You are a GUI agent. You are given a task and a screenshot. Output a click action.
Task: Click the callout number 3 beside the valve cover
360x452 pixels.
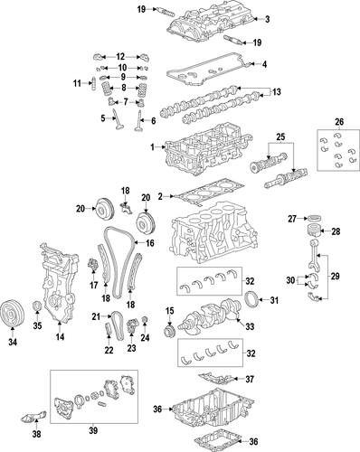pos(267,19)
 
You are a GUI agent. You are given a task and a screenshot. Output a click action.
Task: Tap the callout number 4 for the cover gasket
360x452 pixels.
pos(264,64)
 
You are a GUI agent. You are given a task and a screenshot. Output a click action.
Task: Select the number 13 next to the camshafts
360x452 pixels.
pos(277,91)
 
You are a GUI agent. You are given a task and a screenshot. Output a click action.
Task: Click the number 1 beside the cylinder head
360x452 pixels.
pos(153,147)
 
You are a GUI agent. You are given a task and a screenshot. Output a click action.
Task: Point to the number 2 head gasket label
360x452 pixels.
pos(160,197)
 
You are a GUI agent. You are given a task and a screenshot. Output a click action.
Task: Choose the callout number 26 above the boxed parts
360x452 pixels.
pos(339,122)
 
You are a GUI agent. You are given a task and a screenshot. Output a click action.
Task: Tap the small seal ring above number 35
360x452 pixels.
pos(37,306)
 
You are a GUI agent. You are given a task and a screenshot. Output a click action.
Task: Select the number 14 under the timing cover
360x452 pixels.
pos(60,336)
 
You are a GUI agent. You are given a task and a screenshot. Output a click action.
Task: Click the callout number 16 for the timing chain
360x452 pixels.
pos(149,243)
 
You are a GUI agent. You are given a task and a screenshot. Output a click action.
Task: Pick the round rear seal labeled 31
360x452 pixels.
pos(251,299)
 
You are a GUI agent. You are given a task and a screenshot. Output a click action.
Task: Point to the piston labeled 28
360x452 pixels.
pos(313,231)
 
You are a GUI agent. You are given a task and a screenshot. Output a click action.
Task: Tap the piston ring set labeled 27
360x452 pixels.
pos(313,218)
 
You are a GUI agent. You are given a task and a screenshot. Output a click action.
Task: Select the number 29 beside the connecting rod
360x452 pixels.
pos(335,277)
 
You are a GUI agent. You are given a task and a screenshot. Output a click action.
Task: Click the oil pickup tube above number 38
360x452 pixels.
pos(33,416)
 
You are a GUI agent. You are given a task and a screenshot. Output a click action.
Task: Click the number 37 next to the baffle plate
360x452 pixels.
pos(250,379)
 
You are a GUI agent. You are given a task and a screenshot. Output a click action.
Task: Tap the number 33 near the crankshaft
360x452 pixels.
pos(250,326)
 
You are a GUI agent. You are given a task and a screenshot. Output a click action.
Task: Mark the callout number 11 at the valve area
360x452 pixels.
pos(77,83)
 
